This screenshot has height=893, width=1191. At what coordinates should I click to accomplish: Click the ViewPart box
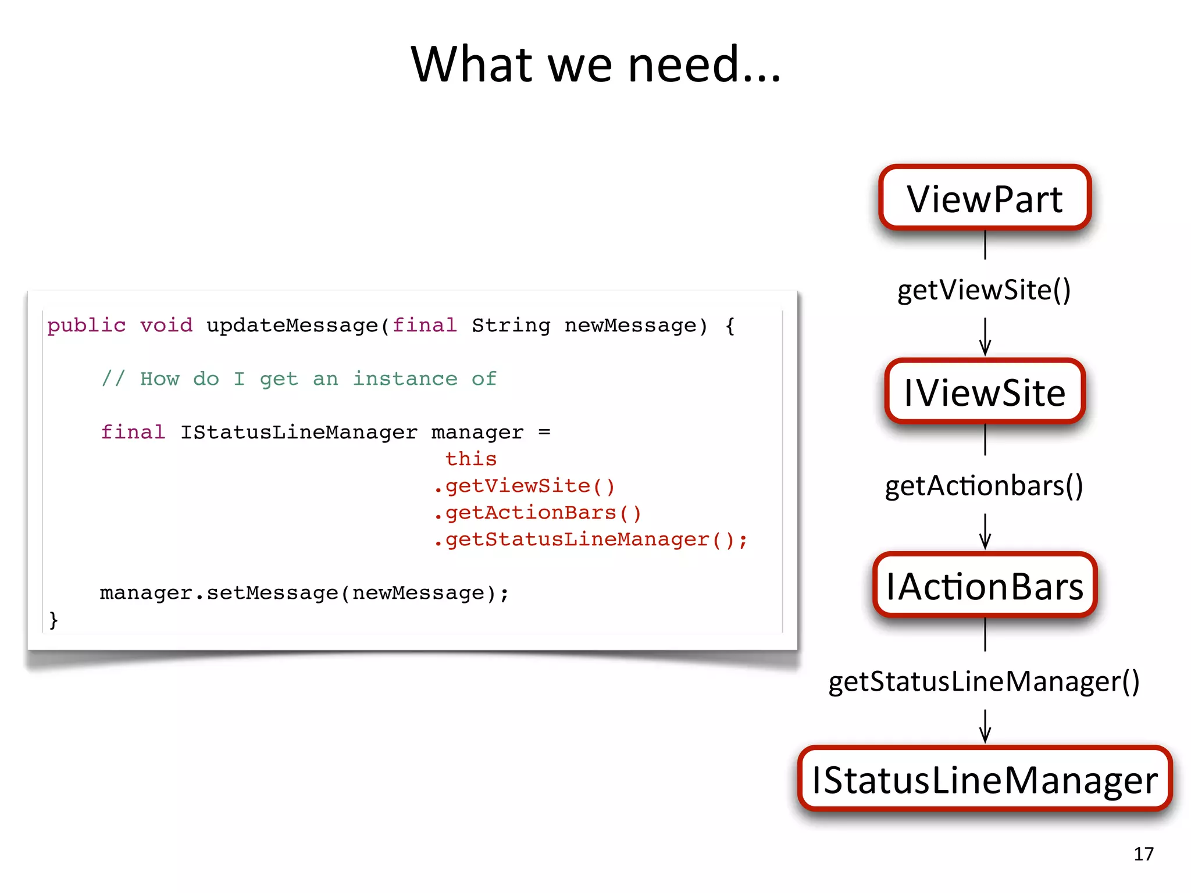tap(985, 198)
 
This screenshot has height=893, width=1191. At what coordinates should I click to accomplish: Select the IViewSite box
tap(985, 392)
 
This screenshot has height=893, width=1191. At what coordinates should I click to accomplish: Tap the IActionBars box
tap(985, 585)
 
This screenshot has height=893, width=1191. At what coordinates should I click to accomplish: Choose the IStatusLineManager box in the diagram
tap(985, 779)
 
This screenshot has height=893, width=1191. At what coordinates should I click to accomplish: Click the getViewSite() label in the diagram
tap(984, 290)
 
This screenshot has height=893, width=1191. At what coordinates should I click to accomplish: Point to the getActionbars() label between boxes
tap(984, 485)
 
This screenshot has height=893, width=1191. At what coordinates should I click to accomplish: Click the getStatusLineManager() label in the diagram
tap(984, 681)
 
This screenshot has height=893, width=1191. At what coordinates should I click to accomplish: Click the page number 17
tap(1143, 853)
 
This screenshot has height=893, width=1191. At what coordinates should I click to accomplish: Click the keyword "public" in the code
tap(86, 325)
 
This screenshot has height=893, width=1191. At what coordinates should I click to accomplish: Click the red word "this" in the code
tap(471, 459)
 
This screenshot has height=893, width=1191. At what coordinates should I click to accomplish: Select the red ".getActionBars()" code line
tap(537, 512)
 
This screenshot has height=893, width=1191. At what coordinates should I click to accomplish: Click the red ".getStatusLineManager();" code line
tap(590, 539)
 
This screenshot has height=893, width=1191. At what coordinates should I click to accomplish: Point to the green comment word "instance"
tap(405, 378)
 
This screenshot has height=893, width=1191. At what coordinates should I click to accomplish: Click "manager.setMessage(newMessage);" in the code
tap(304, 592)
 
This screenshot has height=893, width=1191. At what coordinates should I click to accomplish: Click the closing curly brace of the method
tap(54, 619)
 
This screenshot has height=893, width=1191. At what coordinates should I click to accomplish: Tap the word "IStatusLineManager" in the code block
tap(298, 432)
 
